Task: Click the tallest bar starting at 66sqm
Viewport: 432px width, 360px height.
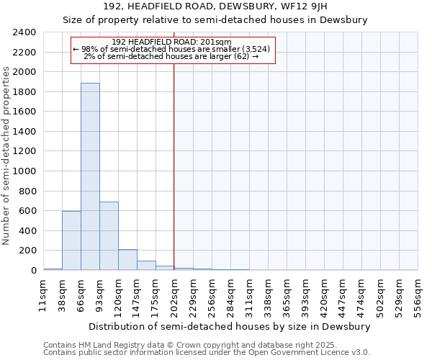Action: (90, 176)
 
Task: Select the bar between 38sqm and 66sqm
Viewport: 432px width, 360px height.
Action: (71, 240)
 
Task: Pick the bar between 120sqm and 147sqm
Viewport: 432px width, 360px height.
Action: (127, 260)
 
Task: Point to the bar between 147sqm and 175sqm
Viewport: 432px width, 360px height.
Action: (146, 265)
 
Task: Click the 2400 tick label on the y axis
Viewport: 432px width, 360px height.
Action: (24, 32)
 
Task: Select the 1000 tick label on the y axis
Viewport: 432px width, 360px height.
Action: (24, 171)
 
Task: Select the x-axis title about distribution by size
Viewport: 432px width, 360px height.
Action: (230, 326)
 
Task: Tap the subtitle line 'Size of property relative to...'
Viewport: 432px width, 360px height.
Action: (215, 20)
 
